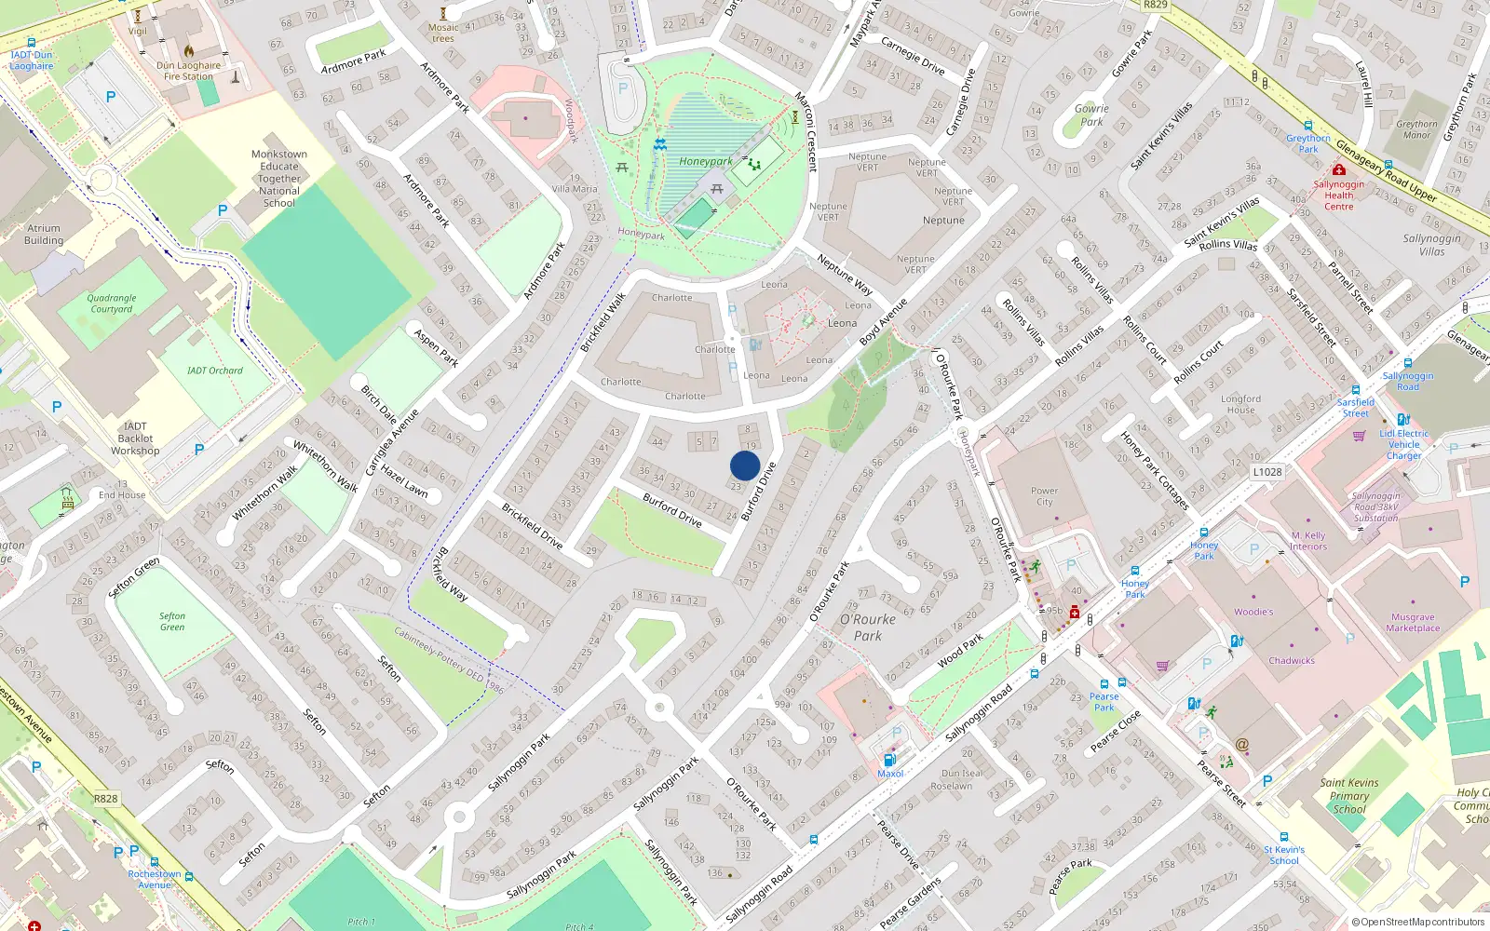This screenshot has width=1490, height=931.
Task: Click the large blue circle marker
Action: tap(745, 465)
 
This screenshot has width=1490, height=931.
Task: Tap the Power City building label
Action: tap(1044, 496)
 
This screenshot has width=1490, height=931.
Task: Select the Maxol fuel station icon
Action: tap(889, 760)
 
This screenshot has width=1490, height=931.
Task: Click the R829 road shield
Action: tap(1155, 5)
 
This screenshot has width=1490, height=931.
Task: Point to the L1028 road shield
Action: tap(1266, 472)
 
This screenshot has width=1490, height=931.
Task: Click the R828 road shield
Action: tap(105, 799)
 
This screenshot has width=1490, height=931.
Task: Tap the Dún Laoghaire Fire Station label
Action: tap(189, 71)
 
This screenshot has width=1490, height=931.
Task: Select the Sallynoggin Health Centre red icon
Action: tap(1338, 170)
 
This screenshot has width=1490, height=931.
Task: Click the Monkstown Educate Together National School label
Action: tap(278, 179)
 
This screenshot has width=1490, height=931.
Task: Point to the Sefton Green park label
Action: tap(171, 622)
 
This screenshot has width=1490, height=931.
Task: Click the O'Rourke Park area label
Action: tap(867, 627)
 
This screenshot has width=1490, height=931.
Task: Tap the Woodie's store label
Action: tap(1253, 612)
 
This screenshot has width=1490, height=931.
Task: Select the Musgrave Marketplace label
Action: tap(1412, 623)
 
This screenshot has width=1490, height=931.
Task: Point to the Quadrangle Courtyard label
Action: tap(112, 304)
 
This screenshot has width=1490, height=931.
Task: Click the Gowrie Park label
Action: tap(1091, 115)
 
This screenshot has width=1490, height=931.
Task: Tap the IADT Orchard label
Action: tap(214, 371)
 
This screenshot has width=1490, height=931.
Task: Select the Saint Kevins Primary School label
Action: tap(1349, 796)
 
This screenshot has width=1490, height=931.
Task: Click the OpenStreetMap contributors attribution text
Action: tap(1418, 922)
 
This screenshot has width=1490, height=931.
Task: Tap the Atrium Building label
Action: tap(44, 234)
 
